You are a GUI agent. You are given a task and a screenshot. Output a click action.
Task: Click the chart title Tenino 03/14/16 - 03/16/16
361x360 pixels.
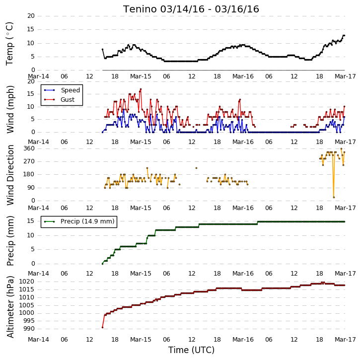coord(191,9)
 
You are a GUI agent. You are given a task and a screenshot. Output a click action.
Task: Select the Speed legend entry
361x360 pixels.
coord(70,90)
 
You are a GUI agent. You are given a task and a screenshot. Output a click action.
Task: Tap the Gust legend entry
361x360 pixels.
coord(68,100)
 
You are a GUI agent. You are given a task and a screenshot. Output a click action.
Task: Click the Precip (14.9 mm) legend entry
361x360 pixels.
coord(87,221)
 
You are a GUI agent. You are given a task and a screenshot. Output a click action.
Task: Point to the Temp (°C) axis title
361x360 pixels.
coord(9,44)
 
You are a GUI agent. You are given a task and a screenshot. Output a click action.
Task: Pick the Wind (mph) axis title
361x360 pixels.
coord(10,109)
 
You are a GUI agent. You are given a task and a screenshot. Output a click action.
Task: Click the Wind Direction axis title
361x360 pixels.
coord(10,175)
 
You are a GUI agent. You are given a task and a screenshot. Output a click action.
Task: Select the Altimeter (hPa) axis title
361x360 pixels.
coord(10,307)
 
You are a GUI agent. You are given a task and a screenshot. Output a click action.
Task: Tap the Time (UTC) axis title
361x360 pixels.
coord(191,350)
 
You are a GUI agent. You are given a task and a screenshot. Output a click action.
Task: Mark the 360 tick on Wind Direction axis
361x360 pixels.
coord(29,148)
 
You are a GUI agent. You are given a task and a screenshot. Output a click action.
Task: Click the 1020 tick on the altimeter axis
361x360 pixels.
coord(26,282)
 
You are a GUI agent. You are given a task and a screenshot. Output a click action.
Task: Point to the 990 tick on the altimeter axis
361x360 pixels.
coord(29,329)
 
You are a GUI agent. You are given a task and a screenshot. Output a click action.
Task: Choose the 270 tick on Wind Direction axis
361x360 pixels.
coord(29,161)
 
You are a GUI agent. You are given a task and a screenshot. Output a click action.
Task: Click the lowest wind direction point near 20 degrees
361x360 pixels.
coord(334,197)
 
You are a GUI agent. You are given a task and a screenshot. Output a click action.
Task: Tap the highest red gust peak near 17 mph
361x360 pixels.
coord(141,89)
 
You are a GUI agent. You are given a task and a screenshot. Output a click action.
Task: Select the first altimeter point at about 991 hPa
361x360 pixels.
coord(102,327)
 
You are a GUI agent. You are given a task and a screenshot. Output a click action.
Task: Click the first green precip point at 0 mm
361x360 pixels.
coord(102,264)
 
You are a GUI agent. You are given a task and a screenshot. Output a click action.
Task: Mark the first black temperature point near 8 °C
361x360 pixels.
coord(102,49)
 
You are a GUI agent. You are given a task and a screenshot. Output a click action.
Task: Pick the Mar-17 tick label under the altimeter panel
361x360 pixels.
coord(345,340)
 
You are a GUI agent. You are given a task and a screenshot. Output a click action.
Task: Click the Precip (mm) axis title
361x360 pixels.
coord(10,241)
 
